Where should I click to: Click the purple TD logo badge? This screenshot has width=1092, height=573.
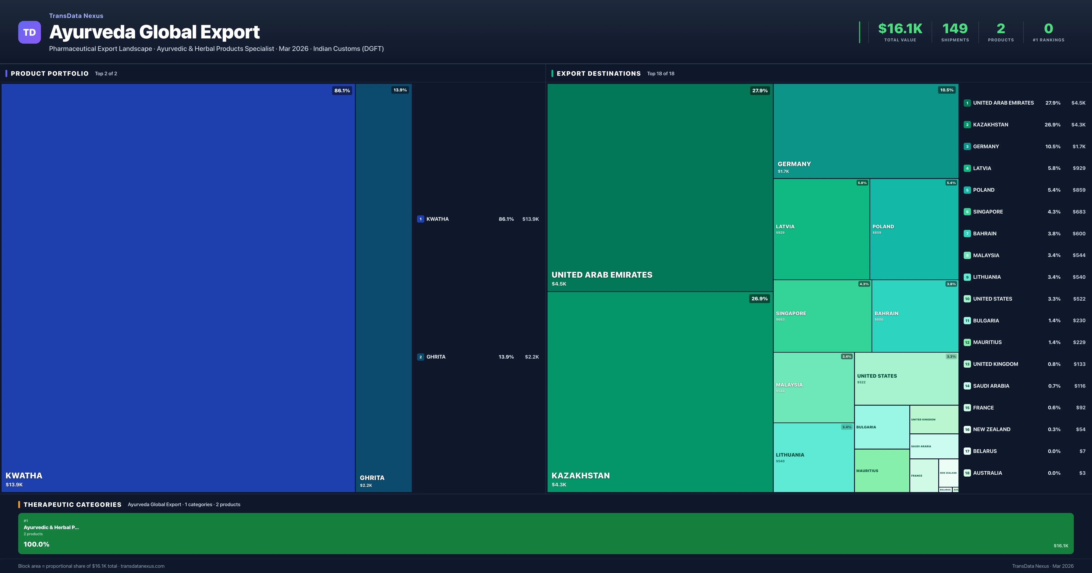click(x=29, y=32)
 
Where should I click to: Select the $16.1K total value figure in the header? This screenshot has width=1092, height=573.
click(x=900, y=28)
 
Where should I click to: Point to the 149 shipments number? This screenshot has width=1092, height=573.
click(x=955, y=28)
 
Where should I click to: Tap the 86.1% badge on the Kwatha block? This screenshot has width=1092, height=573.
click(x=342, y=90)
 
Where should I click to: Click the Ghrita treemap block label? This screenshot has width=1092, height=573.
click(x=372, y=478)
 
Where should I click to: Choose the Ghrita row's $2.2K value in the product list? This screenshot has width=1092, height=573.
click(x=532, y=357)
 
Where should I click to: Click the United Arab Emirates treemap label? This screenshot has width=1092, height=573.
click(x=602, y=275)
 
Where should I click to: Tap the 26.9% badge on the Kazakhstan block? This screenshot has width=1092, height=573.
click(x=759, y=298)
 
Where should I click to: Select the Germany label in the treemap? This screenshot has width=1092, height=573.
click(x=794, y=164)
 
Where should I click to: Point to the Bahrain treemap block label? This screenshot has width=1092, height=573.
click(x=886, y=313)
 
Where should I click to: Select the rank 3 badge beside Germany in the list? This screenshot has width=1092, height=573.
click(x=967, y=147)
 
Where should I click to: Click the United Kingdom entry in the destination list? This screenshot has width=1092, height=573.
click(x=995, y=364)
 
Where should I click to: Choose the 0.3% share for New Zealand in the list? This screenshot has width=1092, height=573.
click(x=1054, y=429)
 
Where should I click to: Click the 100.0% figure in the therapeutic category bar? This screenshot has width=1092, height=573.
click(x=36, y=544)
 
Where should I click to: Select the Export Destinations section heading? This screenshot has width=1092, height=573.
click(x=598, y=73)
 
